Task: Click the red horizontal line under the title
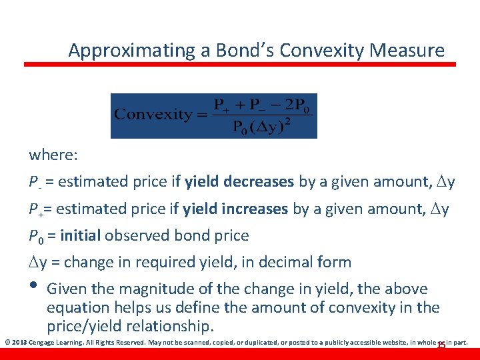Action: click(x=240, y=65)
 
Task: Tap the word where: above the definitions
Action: click(x=53, y=155)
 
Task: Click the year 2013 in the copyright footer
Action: click(x=19, y=343)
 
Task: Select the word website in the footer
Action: click(x=393, y=343)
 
